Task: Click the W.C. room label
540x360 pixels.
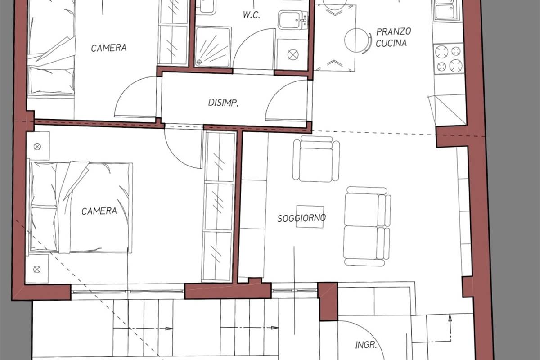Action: pos(252,15)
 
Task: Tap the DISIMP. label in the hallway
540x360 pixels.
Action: pos(223,103)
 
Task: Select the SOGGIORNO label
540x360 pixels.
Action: pos(301,218)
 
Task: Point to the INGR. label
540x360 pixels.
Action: pos(366,345)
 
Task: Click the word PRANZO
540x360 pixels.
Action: pos(394,31)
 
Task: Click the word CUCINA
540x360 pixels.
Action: pos(391,43)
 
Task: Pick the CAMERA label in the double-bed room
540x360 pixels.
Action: pos(99,211)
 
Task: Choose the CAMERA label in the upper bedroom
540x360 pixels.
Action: pos(109,48)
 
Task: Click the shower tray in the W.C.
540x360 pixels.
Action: pos(213,47)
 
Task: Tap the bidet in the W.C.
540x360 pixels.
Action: pos(293,20)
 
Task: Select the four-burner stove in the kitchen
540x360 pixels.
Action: pos(448,58)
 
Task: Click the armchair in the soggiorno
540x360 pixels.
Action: pos(316,159)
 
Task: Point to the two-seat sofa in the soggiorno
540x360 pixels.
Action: pos(367,226)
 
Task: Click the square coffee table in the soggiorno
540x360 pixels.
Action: pos(310,216)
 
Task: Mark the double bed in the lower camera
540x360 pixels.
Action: pos(81,207)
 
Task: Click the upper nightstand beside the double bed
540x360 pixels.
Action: pos(38,146)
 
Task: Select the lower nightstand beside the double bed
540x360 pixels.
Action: pos(37,269)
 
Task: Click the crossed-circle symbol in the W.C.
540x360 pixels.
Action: pos(293,55)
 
